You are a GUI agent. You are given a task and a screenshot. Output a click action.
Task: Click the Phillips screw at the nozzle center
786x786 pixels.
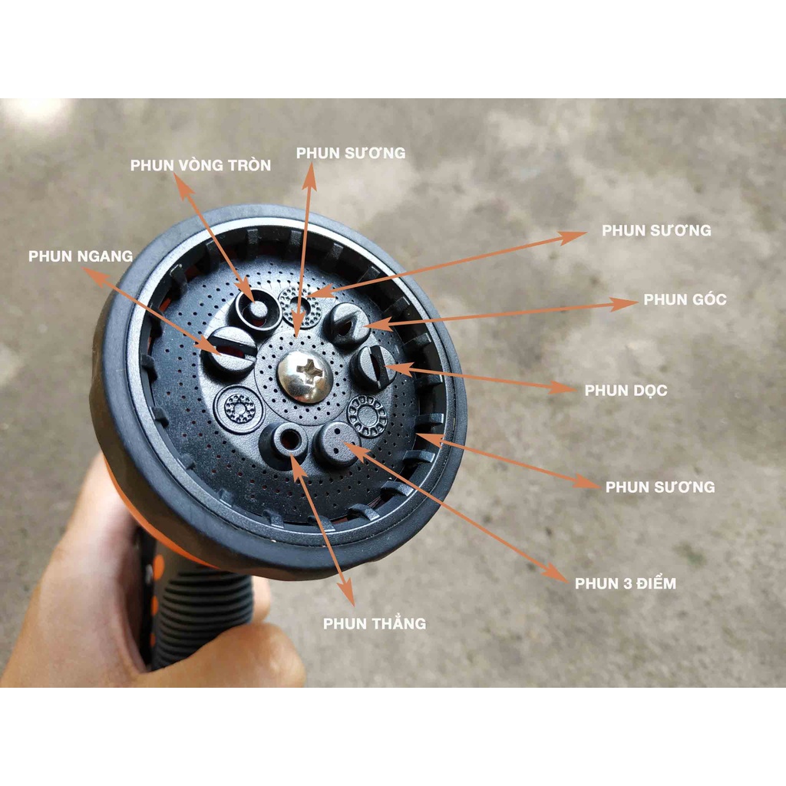point(305,376)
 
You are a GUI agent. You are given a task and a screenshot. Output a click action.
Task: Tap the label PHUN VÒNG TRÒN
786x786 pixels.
point(200,166)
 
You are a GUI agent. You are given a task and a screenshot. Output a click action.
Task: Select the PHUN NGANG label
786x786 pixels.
point(81,256)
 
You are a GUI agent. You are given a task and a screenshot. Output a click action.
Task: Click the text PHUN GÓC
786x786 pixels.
point(685,299)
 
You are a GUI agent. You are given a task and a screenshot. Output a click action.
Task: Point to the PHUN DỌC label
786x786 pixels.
point(626,391)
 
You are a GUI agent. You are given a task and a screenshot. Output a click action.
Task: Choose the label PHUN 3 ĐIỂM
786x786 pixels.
point(626,583)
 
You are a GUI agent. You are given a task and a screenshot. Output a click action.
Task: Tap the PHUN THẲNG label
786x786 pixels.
point(375,623)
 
